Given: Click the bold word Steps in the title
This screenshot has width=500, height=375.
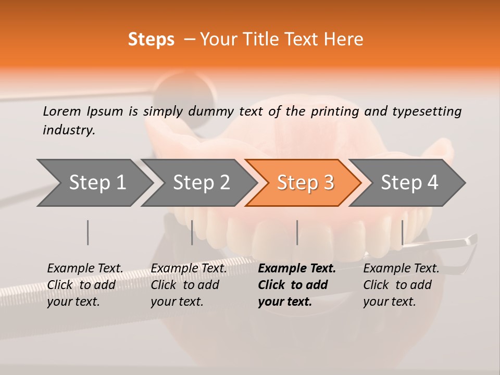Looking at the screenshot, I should click(151, 40).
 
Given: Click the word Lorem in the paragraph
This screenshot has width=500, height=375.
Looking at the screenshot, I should click(62, 111).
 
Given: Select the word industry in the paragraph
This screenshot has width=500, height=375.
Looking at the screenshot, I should click(69, 130).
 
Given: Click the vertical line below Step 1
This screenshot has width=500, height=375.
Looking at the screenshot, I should click(88, 232).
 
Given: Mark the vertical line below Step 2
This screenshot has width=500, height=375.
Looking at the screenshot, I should click(192, 232).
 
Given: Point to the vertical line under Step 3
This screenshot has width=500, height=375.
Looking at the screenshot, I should click(297, 232).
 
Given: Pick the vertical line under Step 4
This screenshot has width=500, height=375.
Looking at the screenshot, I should click(402, 232).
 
